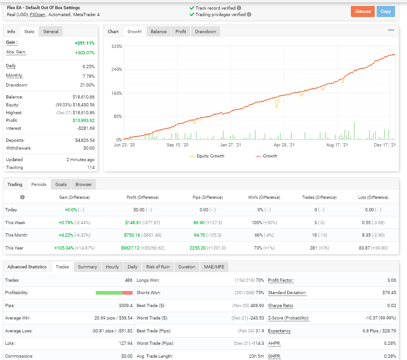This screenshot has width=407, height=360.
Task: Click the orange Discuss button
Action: [362, 12]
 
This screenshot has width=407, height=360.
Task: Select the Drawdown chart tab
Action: [205, 32]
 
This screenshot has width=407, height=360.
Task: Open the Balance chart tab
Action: [158, 32]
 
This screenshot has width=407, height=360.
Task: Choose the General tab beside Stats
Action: [51, 32]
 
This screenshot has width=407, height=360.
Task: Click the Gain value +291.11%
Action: [84, 43]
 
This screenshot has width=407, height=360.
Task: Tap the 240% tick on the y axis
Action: [116, 70]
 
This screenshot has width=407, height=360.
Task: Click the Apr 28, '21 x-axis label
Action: [284, 145]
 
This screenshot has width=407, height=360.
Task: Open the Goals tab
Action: [61, 185]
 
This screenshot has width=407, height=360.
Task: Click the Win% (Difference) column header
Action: [264, 197]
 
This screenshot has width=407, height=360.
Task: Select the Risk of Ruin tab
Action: [157, 267]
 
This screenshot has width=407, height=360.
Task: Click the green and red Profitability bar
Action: [114, 293]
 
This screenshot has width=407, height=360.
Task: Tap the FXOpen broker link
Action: [38, 15]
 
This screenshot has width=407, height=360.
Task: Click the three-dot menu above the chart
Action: [391, 30]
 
